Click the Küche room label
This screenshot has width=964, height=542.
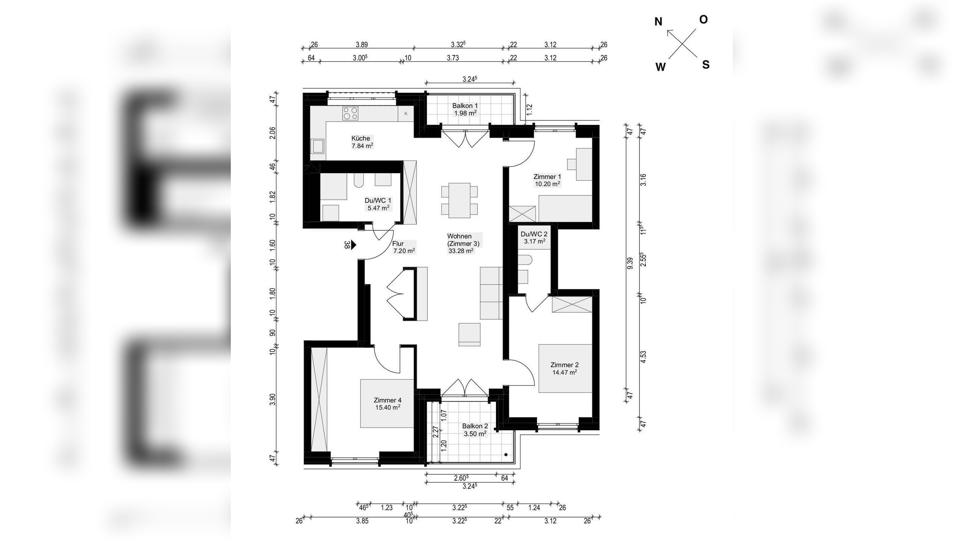[x=361, y=138]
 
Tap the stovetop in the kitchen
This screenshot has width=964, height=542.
[x=350, y=113]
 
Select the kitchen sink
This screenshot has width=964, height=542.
[x=318, y=146]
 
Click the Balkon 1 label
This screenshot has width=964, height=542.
[x=465, y=106]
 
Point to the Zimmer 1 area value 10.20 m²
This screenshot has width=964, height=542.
[x=548, y=184]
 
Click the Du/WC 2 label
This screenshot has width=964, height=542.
[x=534, y=234]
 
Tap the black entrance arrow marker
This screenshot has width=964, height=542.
[x=354, y=245]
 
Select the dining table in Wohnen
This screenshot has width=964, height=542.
[x=459, y=200]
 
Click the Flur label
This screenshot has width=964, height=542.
[x=398, y=244]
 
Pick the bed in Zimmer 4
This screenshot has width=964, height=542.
[x=387, y=403]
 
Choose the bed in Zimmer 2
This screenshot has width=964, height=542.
[x=565, y=368]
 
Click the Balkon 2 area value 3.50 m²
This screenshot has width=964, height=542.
[x=475, y=434]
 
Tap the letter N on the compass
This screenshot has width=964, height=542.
[x=658, y=22]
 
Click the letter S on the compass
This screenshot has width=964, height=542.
[x=706, y=65]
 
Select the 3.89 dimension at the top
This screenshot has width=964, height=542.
[x=361, y=45]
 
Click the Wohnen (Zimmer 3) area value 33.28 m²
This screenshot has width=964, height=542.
[x=461, y=251]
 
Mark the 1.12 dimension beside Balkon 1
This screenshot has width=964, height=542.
[x=529, y=109]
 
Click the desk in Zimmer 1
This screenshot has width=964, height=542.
[x=584, y=164]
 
